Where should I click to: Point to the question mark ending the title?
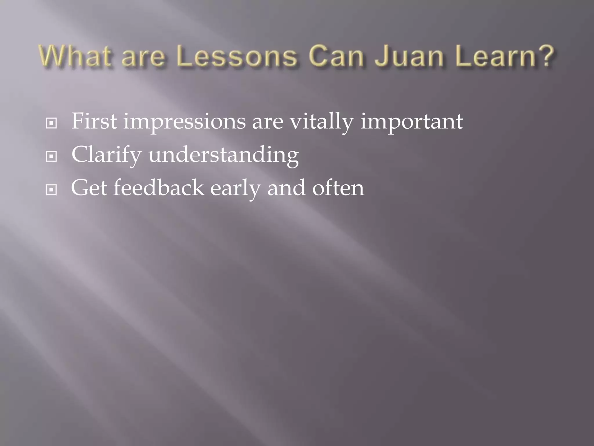(x=547, y=56)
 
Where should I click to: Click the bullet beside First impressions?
(x=51, y=123)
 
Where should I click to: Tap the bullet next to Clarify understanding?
(x=51, y=157)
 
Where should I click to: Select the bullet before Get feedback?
(x=51, y=190)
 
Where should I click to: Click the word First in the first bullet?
(x=94, y=121)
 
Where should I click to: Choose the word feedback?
(x=158, y=188)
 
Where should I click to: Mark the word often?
(x=338, y=188)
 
